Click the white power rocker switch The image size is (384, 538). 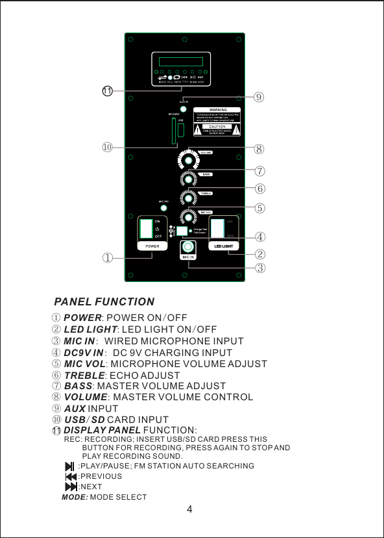(x=147, y=229)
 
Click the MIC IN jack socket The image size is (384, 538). (x=189, y=248)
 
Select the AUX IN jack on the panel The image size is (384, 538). (x=184, y=109)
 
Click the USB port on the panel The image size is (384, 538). (x=182, y=130)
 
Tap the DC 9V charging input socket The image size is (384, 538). (x=183, y=231)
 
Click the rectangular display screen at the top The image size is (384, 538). (x=183, y=62)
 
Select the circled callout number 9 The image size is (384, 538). (x=259, y=97)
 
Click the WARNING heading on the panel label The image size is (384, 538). (x=217, y=109)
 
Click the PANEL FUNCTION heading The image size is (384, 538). (x=104, y=302)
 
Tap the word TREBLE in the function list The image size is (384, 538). (x=84, y=376)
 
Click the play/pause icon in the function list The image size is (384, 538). (x=69, y=466)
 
